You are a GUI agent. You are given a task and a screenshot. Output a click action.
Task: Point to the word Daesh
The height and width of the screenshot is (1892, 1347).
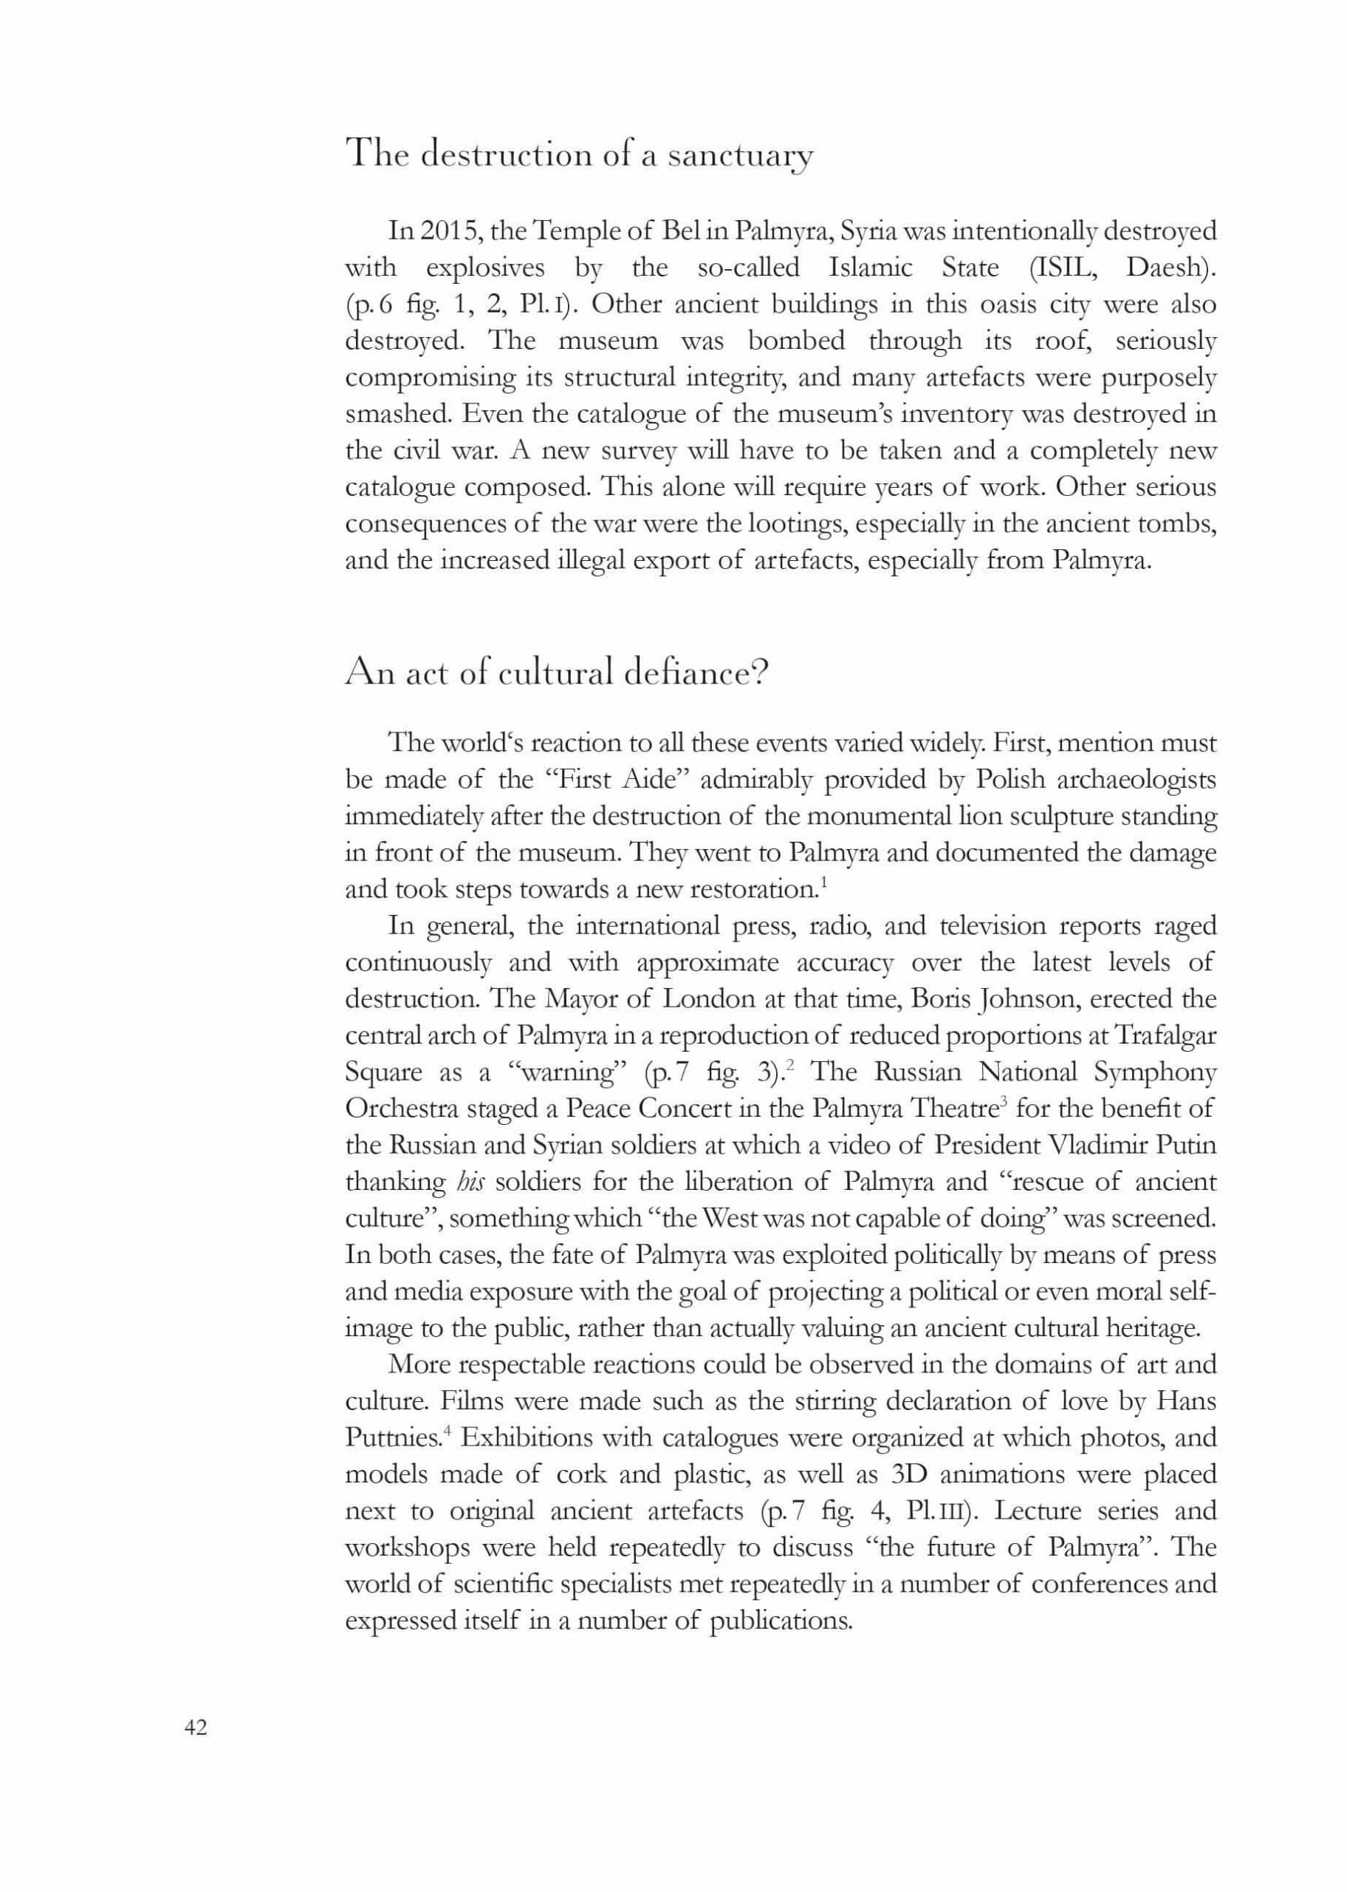1170,268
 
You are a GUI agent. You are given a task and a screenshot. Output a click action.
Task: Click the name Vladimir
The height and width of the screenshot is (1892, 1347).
1098,1145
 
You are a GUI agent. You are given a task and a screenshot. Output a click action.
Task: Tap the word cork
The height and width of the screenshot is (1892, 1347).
586,1474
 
